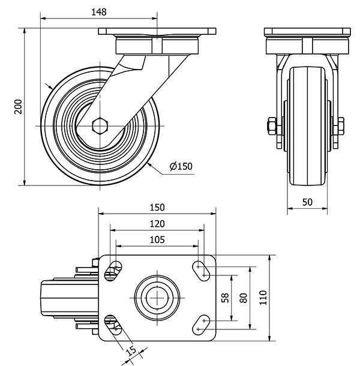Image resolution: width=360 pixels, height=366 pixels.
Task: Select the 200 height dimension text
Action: pyautogui.click(x=18, y=106)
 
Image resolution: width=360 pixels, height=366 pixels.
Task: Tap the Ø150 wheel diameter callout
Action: pyautogui.click(x=181, y=166)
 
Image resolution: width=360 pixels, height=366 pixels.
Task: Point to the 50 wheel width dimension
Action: pyautogui.click(x=307, y=202)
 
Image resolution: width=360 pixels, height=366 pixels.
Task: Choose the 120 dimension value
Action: pyautogui.click(x=157, y=224)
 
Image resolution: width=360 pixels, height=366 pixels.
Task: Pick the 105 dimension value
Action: pyautogui.click(x=157, y=240)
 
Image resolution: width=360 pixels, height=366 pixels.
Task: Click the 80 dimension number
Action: pyautogui.click(x=243, y=297)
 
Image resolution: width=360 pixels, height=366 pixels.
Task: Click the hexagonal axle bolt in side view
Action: pyautogui.click(x=100, y=125)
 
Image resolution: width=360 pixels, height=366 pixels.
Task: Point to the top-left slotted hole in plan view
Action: pyautogui.click(x=112, y=271)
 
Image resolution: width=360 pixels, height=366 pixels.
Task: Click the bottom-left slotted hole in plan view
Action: pyautogui.click(x=112, y=323)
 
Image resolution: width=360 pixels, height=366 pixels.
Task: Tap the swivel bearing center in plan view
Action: pyautogui.click(x=156, y=297)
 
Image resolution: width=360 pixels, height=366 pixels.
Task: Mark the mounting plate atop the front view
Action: pyautogui.click(x=307, y=31)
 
